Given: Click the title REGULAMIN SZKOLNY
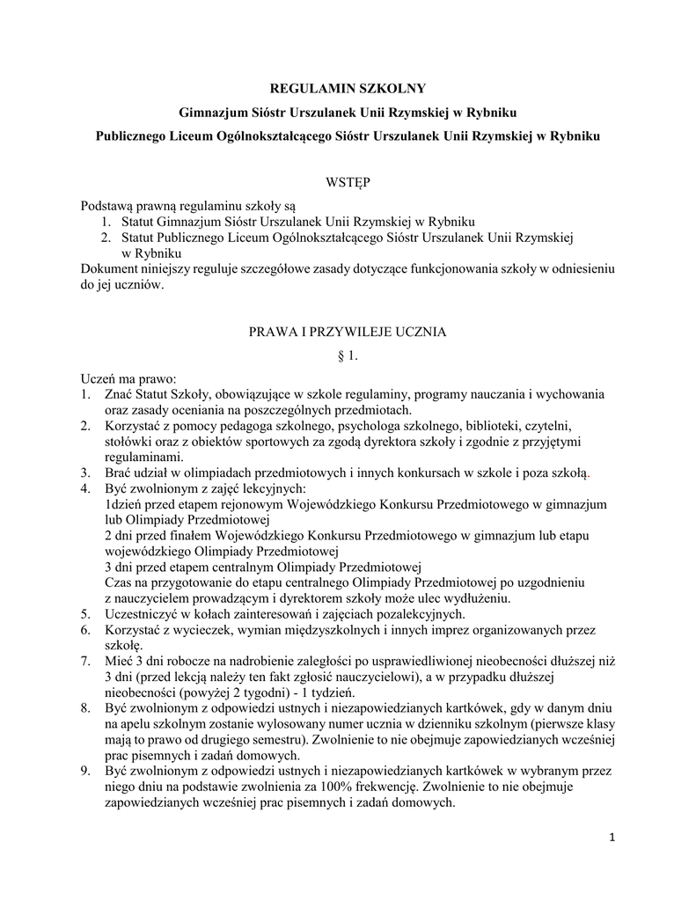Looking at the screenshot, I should [347, 88].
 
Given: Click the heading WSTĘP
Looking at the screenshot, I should [348, 182].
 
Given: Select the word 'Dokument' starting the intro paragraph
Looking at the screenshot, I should [109, 268].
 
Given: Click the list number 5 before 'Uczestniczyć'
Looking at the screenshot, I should [85, 613].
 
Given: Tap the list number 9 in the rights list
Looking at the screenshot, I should [85, 772].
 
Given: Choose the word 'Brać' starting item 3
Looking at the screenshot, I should [118, 472].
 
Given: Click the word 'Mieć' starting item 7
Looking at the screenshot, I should [118, 661].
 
